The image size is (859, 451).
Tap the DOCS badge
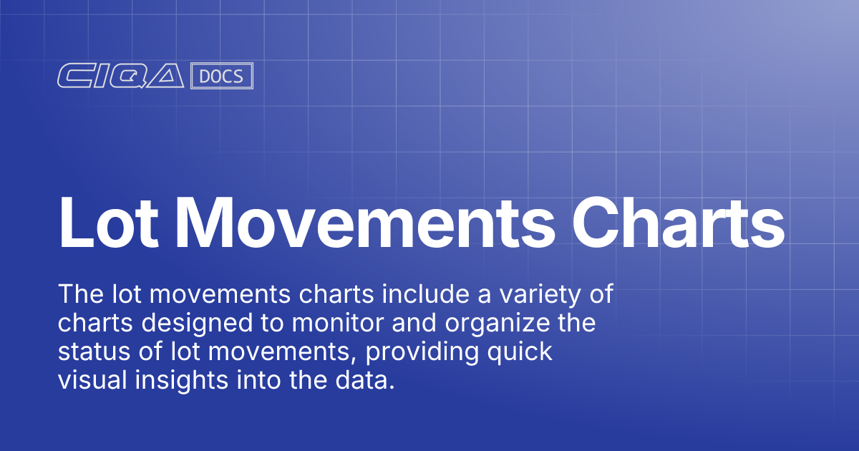222,77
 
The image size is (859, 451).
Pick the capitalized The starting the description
79,294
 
